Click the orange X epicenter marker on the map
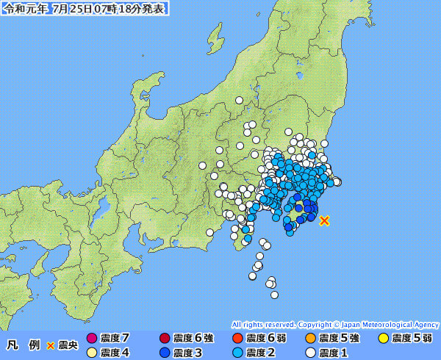point(324,220)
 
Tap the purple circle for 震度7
point(92,339)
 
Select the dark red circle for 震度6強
point(165,339)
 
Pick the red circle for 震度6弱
point(237,339)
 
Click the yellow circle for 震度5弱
point(383,339)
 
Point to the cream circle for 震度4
point(92,353)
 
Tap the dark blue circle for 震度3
point(165,353)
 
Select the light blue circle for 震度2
point(237,353)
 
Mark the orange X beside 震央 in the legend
point(51,345)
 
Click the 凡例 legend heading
point(24,345)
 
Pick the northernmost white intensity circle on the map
point(239,100)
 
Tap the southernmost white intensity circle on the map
point(274,295)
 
